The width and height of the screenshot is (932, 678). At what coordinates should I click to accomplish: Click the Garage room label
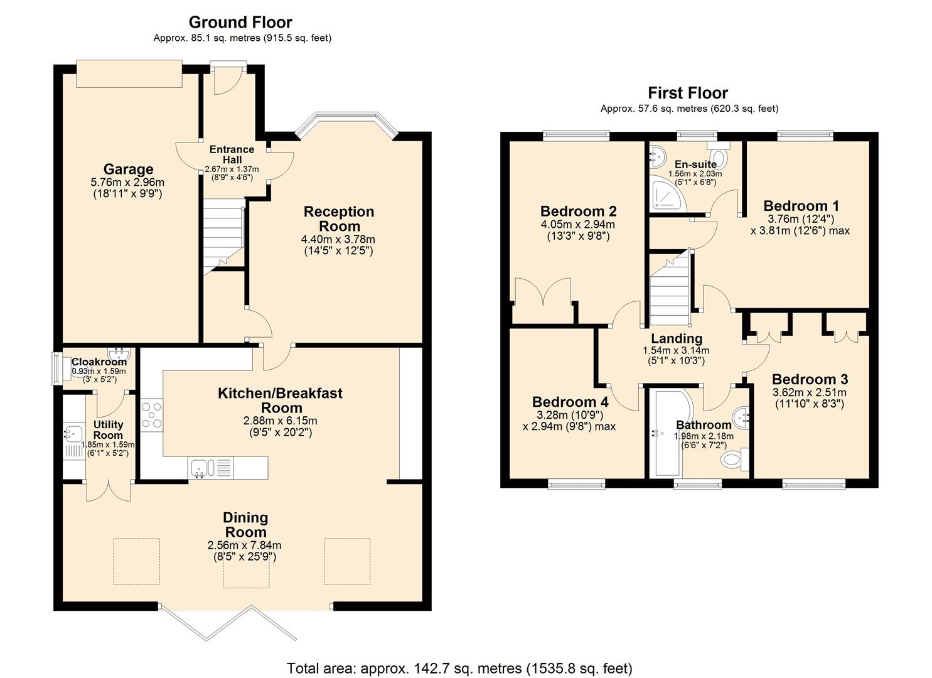(128, 169)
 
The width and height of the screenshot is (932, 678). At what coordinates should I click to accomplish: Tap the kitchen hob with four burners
(151, 415)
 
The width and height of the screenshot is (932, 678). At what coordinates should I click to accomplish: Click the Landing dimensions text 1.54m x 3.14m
(676, 350)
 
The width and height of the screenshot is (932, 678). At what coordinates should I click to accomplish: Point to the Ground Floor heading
(240, 23)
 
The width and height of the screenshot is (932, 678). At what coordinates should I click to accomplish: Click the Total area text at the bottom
(459, 668)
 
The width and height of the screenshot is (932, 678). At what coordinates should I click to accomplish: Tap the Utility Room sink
(72, 433)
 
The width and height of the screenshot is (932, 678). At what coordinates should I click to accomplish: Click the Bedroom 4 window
(576, 483)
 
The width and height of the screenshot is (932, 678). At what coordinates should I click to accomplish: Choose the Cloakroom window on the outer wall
(56, 368)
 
